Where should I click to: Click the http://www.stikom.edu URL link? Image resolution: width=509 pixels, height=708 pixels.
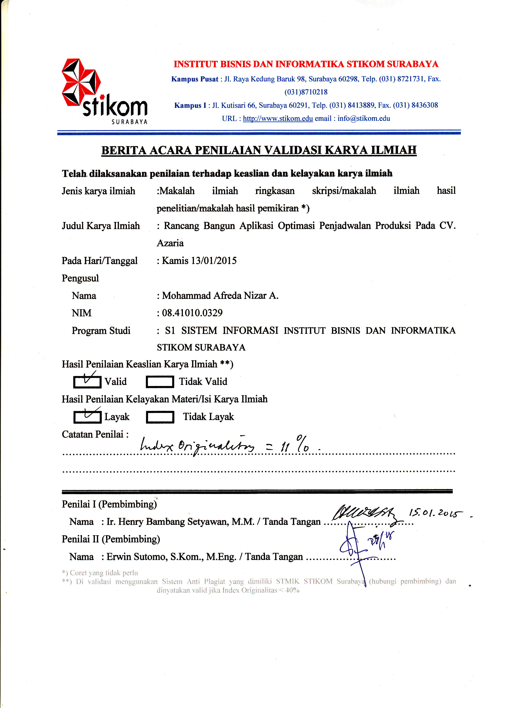point(278,119)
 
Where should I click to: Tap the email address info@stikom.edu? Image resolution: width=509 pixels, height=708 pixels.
point(364,119)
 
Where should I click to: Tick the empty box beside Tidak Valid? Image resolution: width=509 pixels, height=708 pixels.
point(160,382)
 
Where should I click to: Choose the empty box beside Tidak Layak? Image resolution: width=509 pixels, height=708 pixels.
point(160,417)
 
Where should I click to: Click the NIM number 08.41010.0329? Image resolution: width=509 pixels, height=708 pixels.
point(192,313)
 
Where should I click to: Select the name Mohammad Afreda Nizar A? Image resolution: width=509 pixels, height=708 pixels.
point(220,296)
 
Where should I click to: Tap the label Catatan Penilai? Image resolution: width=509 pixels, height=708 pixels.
point(95,434)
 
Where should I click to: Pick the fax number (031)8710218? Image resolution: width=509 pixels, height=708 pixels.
point(306,92)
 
